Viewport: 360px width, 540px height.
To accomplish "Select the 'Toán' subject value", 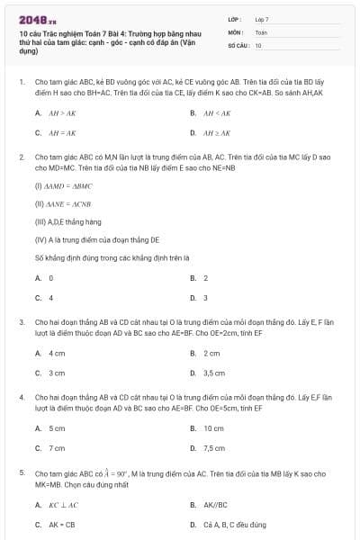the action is click(261, 31).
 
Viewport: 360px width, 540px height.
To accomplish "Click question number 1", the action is click(20, 81).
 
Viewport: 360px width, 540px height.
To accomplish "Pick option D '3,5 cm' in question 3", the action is click(213, 373).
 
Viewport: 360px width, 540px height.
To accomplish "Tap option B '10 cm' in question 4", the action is click(213, 428).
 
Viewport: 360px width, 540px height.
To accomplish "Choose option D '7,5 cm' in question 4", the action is click(213, 447).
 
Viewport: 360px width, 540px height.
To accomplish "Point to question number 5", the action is click(20, 472).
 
